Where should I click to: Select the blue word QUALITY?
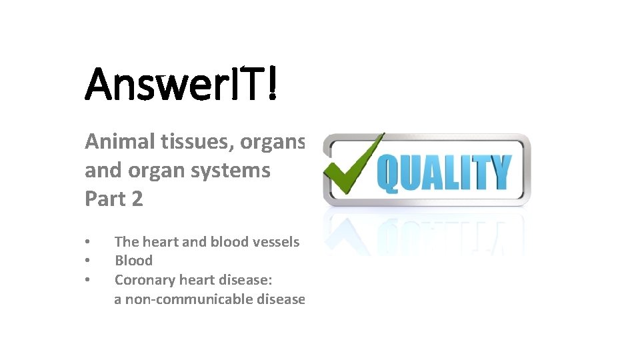click(x=443, y=172)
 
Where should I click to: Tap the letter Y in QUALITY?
click(x=499, y=171)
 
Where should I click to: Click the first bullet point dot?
click(x=87, y=242)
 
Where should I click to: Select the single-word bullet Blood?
click(x=134, y=261)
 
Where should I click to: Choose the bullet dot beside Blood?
click(x=87, y=261)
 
